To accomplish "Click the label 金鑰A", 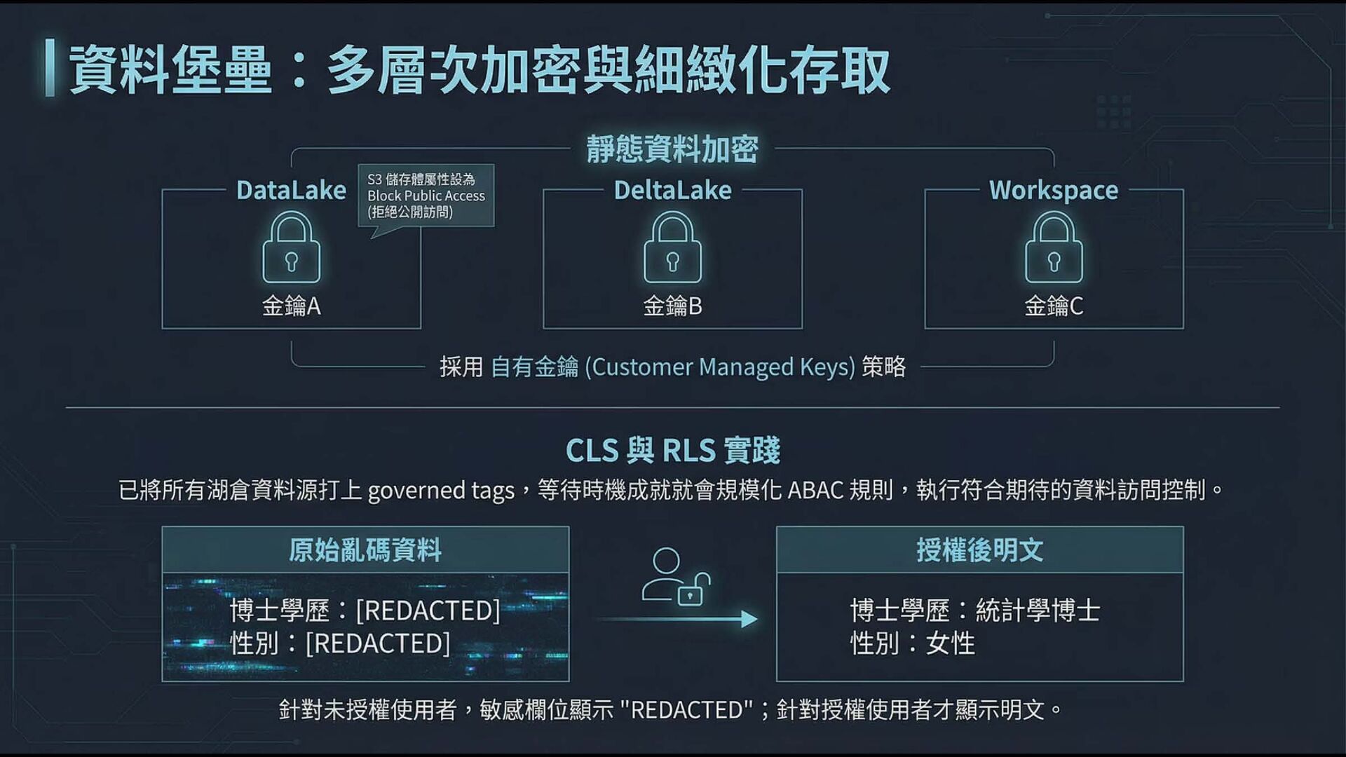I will pyautogui.click(x=291, y=306).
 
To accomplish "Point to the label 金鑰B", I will pyautogui.click(x=672, y=306).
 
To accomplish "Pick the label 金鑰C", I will pyautogui.click(x=1054, y=306).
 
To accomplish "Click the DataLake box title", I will pyautogui.click(x=291, y=190).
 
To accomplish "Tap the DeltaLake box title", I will pyautogui.click(x=672, y=190).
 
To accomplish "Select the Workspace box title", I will pyautogui.click(x=1054, y=190).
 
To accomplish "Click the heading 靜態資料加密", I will pyautogui.click(x=672, y=149).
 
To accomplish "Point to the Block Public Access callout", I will pyautogui.click(x=426, y=196).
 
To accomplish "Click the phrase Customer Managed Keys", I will pyautogui.click(x=720, y=367).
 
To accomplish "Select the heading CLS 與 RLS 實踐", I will pyautogui.click(x=672, y=450).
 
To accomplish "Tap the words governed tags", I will pyautogui.click(x=441, y=490).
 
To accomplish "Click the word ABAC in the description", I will pyautogui.click(x=815, y=490).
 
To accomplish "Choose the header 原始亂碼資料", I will pyautogui.click(x=365, y=550).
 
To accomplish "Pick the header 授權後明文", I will pyautogui.click(x=979, y=550).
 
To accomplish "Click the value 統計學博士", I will pyautogui.click(x=1038, y=611).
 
